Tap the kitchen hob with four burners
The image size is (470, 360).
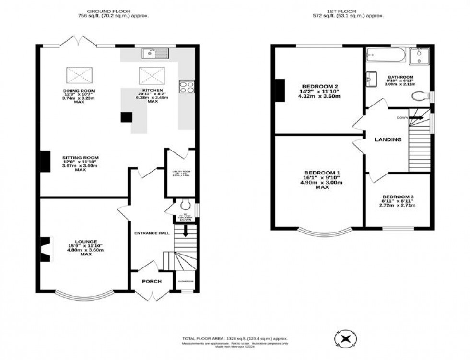click(186, 86)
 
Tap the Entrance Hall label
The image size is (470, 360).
click(151, 233)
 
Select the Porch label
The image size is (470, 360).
click(151, 281)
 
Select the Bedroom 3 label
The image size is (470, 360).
click(398, 197)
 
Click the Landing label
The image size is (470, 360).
click(388, 139)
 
